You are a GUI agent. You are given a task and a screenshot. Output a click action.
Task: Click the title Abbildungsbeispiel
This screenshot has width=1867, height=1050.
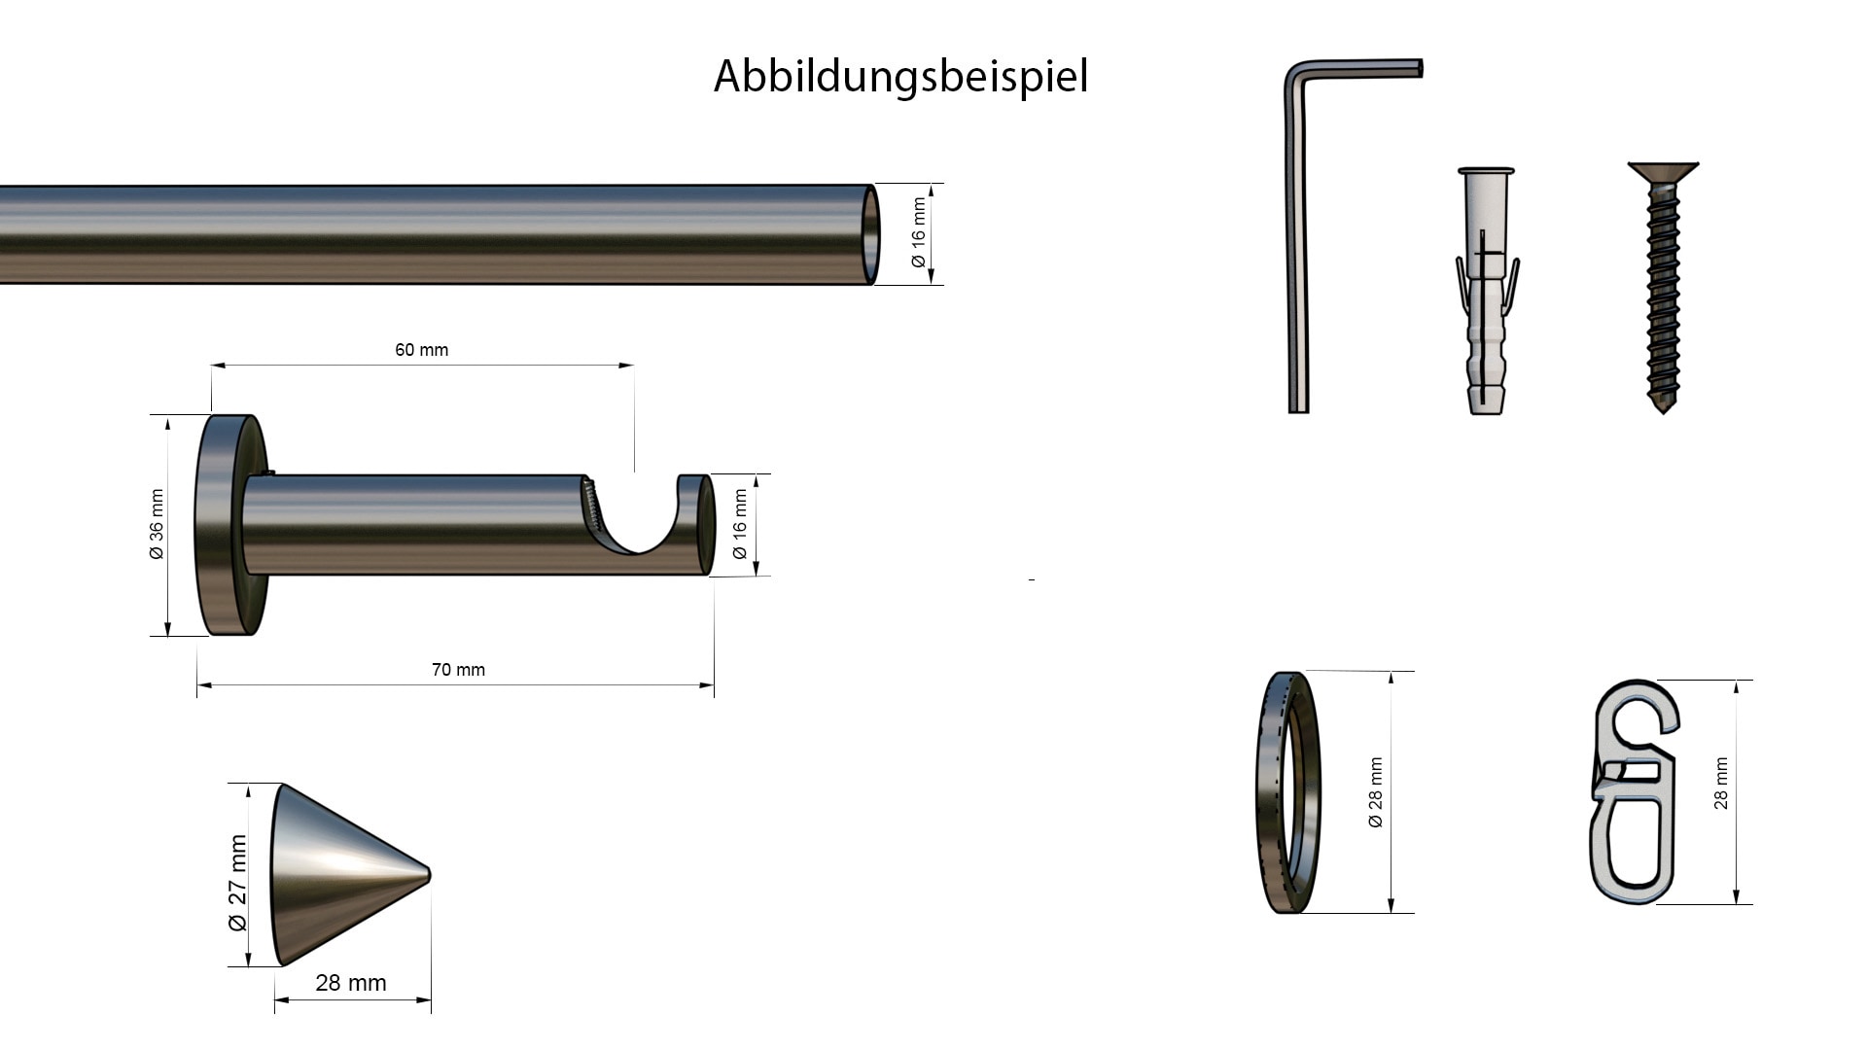coord(900,76)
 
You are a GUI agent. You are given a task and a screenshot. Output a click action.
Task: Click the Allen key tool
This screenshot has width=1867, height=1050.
coord(1298,243)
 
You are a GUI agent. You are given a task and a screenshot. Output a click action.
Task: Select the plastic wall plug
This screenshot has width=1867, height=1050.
coord(1486,292)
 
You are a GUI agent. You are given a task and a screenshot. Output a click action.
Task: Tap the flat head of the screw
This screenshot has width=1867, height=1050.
coord(1663,171)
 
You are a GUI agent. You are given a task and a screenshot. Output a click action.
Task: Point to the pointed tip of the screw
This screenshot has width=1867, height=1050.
coord(1663,408)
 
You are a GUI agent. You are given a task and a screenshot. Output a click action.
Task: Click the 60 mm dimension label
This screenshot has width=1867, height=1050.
coord(421,350)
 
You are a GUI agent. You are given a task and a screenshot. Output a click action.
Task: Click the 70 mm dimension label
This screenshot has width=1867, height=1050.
coord(458,670)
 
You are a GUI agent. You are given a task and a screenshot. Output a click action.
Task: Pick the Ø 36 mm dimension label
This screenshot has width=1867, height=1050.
coord(157,525)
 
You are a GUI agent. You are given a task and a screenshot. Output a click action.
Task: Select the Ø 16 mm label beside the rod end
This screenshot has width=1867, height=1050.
coord(919,233)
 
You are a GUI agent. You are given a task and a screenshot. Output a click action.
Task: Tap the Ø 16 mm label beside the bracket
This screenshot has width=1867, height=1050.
coord(740,525)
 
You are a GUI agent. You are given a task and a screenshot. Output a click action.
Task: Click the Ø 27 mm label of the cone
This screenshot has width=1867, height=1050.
coord(238,882)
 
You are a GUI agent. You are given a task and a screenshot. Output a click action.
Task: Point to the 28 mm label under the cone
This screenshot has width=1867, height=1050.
coord(351,983)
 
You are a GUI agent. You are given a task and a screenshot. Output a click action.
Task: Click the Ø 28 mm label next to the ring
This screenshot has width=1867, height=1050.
coord(1375,792)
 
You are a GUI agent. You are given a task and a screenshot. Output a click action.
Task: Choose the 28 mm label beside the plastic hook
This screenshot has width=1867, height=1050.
coord(1721,784)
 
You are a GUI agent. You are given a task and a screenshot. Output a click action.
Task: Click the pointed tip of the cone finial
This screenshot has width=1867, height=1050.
coord(428,874)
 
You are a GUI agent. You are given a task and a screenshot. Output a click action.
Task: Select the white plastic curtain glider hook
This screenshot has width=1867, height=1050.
coord(1634,792)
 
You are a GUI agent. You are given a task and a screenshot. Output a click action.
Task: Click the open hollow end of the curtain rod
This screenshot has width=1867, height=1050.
coord(871,234)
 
